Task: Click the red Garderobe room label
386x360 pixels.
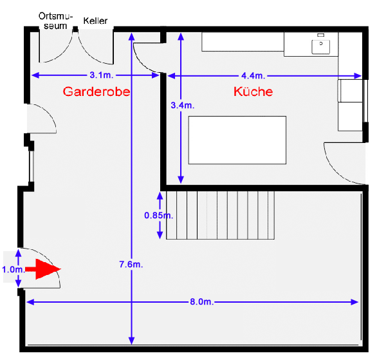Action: pyautogui.click(x=96, y=91)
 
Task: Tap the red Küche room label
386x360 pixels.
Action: pyautogui.click(x=253, y=91)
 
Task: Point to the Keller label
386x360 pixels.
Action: pyautogui.click(x=95, y=20)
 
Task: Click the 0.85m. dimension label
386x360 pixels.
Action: pyautogui.click(x=158, y=216)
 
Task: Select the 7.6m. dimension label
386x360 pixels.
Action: pyautogui.click(x=131, y=264)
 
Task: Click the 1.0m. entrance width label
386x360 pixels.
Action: pyautogui.click(x=13, y=270)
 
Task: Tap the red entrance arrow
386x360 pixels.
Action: pyautogui.click(x=44, y=270)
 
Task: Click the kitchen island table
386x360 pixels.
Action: pyautogui.click(x=237, y=140)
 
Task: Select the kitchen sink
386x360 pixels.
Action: pyautogui.click(x=320, y=45)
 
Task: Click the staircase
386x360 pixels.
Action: pyautogui.click(x=221, y=214)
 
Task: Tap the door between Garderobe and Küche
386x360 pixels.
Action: pyautogui.click(x=146, y=55)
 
